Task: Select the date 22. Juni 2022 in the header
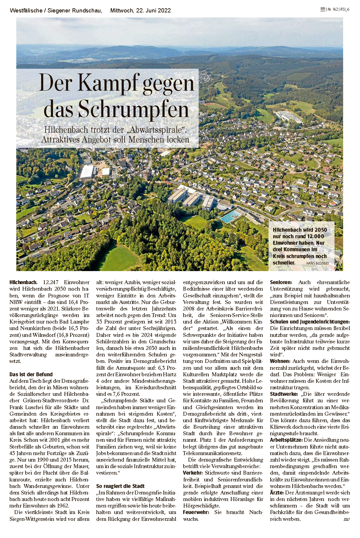click(x=153, y=10)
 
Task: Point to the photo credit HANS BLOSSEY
click(x=317, y=263)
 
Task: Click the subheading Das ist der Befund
click(x=31, y=374)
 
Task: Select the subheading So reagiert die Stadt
click(x=120, y=486)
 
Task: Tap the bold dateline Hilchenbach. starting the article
click(x=23, y=282)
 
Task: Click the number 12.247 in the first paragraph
click(x=53, y=282)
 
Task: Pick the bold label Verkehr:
click(x=193, y=473)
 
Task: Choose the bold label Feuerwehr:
click(x=196, y=512)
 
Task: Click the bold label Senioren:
click(x=281, y=282)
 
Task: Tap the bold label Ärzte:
click(x=277, y=493)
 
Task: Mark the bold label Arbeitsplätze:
click(x=286, y=440)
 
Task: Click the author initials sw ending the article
click(x=346, y=519)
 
